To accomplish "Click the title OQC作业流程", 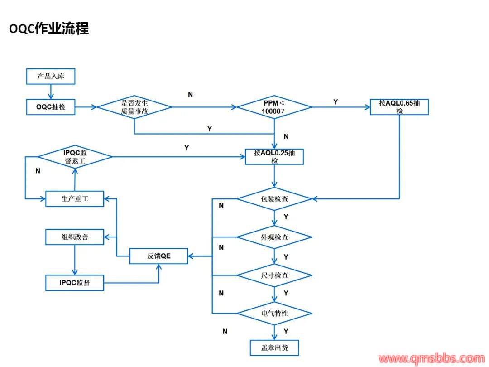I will point(49,28).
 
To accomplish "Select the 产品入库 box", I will point(50,76).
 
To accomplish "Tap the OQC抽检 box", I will point(50,107).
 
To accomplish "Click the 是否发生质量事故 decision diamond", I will point(134,107).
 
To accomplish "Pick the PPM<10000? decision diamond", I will point(274,107).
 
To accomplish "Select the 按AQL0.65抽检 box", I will point(399,106).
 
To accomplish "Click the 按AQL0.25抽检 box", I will point(274,156).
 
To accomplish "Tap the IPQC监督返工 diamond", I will point(75,157).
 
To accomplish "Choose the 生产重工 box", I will point(75,198).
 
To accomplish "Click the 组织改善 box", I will point(75,237).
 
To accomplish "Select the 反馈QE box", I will point(159,256).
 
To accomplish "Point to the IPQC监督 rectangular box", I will point(75,283).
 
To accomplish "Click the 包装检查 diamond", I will point(274,198).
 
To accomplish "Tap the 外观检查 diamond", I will point(274,237).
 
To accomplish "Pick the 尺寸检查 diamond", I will point(274,275).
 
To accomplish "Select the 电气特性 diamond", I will point(274,314).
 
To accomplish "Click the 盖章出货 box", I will point(274,348).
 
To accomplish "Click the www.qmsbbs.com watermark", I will point(431,359).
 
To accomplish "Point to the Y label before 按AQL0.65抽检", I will point(336,102).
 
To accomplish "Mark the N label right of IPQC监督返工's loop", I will point(38,171).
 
